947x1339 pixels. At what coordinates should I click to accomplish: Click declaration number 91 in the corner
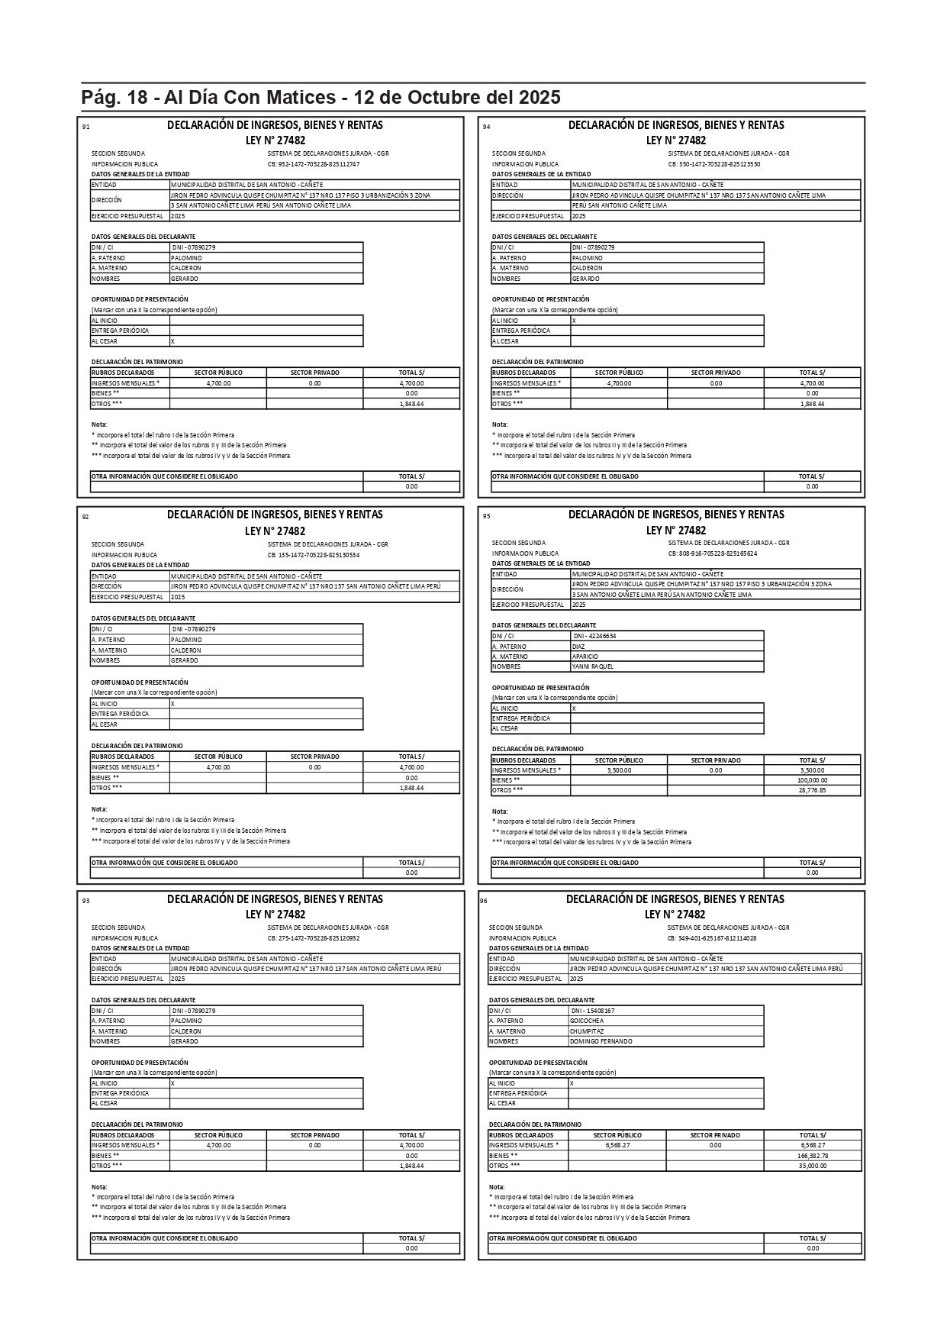(x=85, y=127)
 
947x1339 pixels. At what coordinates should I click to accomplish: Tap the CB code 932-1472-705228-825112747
(x=314, y=164)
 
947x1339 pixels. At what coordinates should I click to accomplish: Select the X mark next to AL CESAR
(x=172, y=341)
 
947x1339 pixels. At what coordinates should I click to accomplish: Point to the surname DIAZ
(x=578, y=646)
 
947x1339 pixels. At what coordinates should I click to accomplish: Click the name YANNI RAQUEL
(x=592, y=666)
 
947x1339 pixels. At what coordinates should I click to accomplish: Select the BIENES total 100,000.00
(x=812, y=780)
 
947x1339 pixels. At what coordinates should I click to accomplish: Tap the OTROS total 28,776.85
(x=812, y=790)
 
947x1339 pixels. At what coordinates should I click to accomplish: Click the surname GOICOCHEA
(x=587, y=1021)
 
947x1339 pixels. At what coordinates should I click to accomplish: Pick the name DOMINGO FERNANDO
(x=601, y=1041)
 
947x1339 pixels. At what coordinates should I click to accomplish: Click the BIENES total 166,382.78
(x=813, y=1156)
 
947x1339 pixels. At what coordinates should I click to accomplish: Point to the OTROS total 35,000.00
(x=813, y=1166)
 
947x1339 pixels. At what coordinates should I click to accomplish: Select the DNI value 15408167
(x=592, y=1011)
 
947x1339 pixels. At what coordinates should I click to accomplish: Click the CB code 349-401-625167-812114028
(x=712, y=938)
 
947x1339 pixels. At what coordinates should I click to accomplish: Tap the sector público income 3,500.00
(x=619, y=770)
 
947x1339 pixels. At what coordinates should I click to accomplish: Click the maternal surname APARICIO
(x=585, y=657)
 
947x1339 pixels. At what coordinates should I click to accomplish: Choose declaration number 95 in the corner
(x=486, y=516)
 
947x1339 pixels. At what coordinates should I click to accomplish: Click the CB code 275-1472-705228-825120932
(x=314, y=938)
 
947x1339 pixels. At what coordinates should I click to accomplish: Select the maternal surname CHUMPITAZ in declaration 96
(x=587, y=1031)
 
